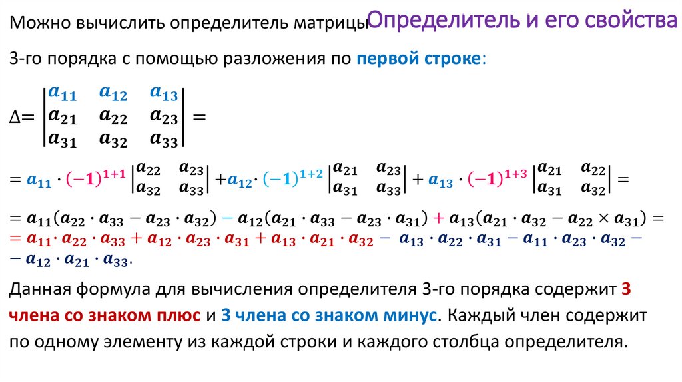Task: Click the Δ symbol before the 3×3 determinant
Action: tap(18, 117)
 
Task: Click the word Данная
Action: tap(37, 289)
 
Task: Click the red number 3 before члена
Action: tap(624, 289)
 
